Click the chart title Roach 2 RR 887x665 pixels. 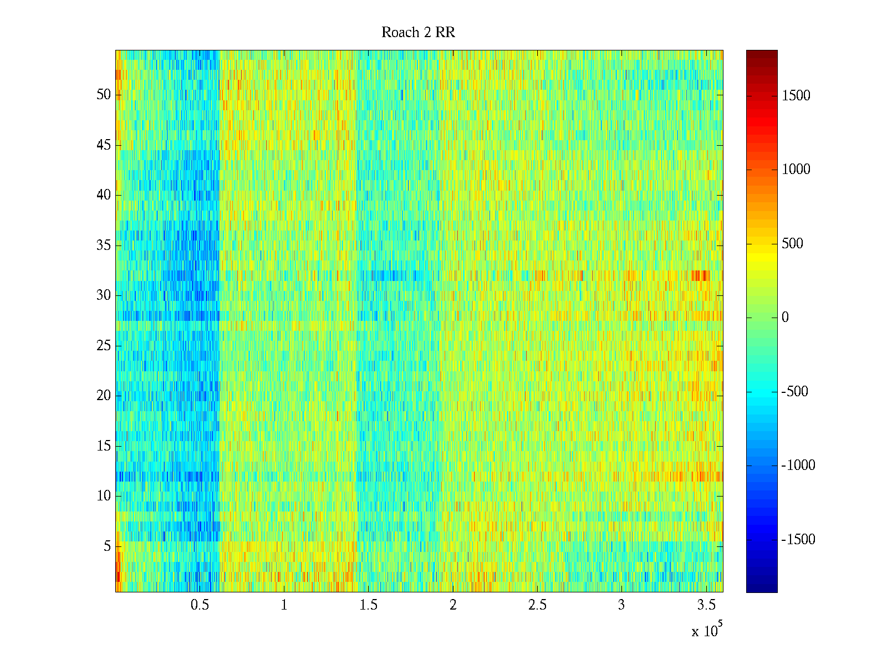418,33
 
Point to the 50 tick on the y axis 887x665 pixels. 104,95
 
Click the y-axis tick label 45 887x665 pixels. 104,145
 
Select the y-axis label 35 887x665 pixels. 104,245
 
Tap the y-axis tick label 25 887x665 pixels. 104,346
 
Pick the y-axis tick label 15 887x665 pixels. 104,446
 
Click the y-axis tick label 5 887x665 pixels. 107,546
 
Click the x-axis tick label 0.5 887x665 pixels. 200,605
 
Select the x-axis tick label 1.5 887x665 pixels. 368,605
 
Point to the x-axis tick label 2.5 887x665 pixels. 537,605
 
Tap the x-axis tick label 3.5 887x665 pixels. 706,605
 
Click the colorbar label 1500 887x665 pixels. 796,96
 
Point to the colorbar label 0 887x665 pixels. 785,318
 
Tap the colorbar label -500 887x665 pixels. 795,392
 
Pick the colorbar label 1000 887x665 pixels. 796,170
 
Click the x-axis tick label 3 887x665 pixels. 621,605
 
